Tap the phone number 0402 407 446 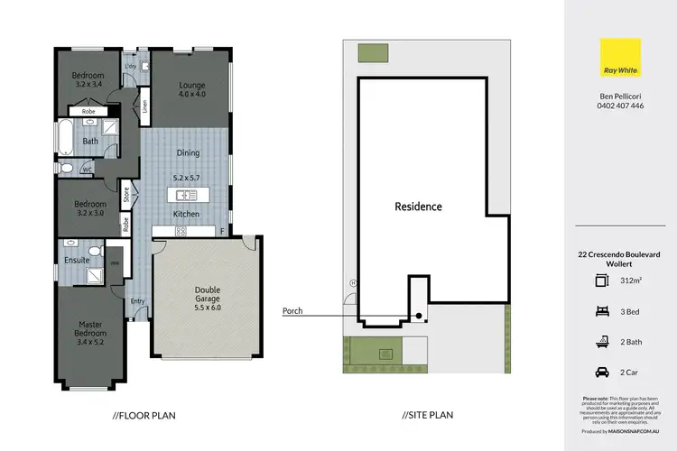tap(620, 106)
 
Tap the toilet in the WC tap(67, 167)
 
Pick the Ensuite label tap(77, 260)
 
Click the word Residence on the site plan tap(418, 207)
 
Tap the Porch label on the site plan tap(292, 311)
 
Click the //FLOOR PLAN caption tap(144, 416)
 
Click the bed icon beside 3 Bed tap(601, 311)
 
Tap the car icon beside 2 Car tap(601, 372)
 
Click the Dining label tap(188, 153)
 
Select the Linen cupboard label tap(144, 107)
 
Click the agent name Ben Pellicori tap(620, 94)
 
